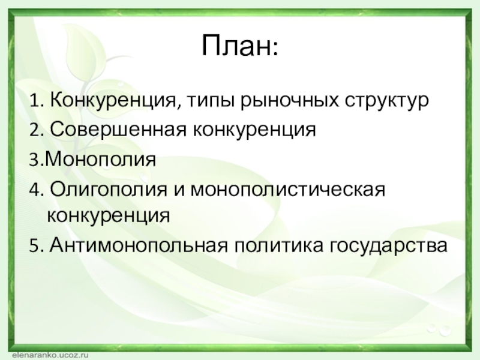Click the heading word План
pyautogui.click(x=239, y=46)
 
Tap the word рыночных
pyautogui.click(x=290, y=100)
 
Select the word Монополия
pyautogui.click(x=100, y=159)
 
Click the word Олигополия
pyautogui.click(x=109, y=190)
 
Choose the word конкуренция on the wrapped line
pyautogui.click(x=109, y=215)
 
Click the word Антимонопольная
pyautogui.click(x=139, y=245)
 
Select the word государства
pyautogui.click(x=388, y=245)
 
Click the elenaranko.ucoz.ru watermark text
pyautogui.click(x=50, y=355)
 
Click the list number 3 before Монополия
pyautogui.click(x=34, y=160)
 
